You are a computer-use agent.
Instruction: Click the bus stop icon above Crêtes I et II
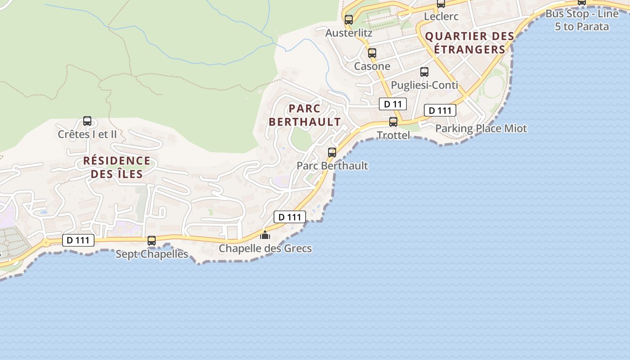coord(87,121)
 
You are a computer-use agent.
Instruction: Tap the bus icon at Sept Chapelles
coord(152,241)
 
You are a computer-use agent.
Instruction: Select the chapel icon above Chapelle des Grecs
coord(265,235)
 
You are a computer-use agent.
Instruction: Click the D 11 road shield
coord(392,104)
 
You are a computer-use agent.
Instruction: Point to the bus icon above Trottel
coord(393,122)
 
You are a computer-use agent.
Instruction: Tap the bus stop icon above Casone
coord(372,53)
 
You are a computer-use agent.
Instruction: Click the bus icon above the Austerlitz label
coord(349,20)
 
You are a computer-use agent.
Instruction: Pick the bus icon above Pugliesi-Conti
coord(424,72)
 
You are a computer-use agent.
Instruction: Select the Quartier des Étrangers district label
coord(469,43)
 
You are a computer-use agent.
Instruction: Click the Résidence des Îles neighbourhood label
coord(117,167)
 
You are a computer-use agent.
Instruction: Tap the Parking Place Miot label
coord(481,129)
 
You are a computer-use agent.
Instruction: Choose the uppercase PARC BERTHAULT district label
coord(305,115)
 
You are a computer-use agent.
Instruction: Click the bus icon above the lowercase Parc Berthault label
coord(332,153)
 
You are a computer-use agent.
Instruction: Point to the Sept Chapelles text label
coord(152,254)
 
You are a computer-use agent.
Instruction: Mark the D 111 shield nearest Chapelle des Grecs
coord(290,217)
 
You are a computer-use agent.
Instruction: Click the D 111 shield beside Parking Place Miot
coord(440,111)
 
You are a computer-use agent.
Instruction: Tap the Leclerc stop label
coord(441,17)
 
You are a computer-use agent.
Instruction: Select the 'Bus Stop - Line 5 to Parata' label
coord(582,20)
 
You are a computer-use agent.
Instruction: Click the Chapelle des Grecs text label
coord(265,248)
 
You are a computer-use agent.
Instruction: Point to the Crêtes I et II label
coord(87,134)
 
